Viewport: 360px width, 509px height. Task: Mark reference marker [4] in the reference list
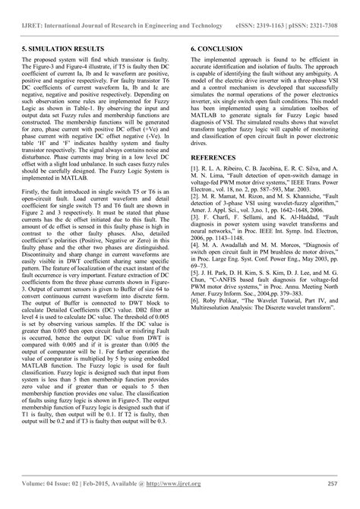coord(194,267)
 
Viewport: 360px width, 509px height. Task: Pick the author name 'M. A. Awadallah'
coord(228,267)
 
